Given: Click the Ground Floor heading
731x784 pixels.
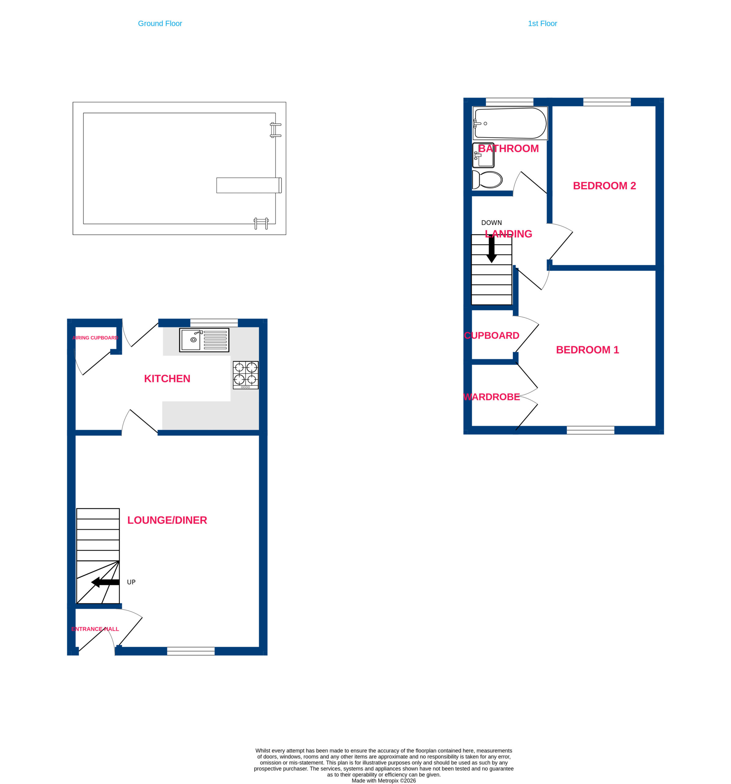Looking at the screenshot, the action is (x=160, y=24).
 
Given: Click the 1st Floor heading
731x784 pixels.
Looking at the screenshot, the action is (x=542, y=24).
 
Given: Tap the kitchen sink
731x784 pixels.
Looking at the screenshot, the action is (x=204, y=340).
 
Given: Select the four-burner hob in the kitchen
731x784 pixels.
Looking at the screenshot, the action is (x=245, y=375).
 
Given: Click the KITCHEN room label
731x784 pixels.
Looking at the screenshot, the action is (x=167, y=379).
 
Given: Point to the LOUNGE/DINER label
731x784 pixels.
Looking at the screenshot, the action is (x=167, y=520).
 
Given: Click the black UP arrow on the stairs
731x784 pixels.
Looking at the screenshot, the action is (x=105, y=582).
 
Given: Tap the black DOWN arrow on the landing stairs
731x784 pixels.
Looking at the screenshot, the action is (x=491, y=249).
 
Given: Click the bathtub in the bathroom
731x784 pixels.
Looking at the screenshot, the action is (x=510, y=123).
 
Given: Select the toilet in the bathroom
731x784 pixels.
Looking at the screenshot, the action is (x=487, y=180).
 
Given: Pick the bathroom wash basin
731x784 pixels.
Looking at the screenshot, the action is (x=483, y=155).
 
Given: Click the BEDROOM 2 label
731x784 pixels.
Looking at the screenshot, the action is (x=604, y=186).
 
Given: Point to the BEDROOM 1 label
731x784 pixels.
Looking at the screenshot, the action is (x=587, y=350).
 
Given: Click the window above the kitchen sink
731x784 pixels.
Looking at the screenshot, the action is (x=214, y=322).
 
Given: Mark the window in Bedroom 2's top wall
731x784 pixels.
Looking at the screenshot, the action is (x=607, y=102).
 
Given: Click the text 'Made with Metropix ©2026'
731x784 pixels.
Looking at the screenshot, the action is (x=383, y=780).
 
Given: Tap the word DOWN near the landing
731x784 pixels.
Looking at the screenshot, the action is (x=491, y=223).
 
